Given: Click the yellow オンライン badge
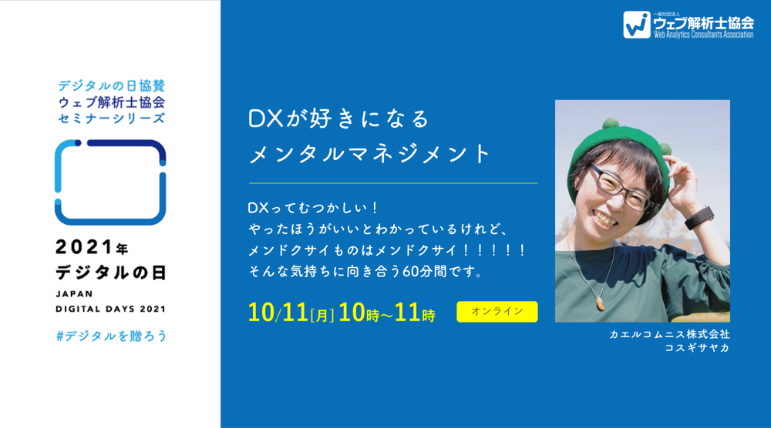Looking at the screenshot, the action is [497, 312].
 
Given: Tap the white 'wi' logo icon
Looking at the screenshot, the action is [637, 25].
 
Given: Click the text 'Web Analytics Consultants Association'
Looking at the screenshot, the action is [703, 35].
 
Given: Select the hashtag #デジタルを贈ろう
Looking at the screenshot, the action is [112, 336].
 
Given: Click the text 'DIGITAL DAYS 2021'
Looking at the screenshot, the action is [110, 309].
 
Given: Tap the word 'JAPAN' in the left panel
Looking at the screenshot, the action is [74, 294].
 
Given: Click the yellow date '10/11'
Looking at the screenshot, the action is [278, 313].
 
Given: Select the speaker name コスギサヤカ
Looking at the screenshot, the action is [697, 348].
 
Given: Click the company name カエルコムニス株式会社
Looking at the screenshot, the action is [670, 334].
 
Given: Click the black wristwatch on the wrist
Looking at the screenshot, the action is [699, 217].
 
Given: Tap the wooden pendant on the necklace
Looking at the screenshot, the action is [599, 303].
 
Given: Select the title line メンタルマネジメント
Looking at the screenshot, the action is [370, 154].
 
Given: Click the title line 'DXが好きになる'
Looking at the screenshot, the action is [338, 119].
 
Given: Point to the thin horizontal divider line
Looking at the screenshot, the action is [393, 183].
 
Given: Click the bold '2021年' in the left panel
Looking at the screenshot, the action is [92, 247].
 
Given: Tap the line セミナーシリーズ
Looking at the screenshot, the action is [112, 119].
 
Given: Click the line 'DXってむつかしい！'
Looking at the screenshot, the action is [313, 208].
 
